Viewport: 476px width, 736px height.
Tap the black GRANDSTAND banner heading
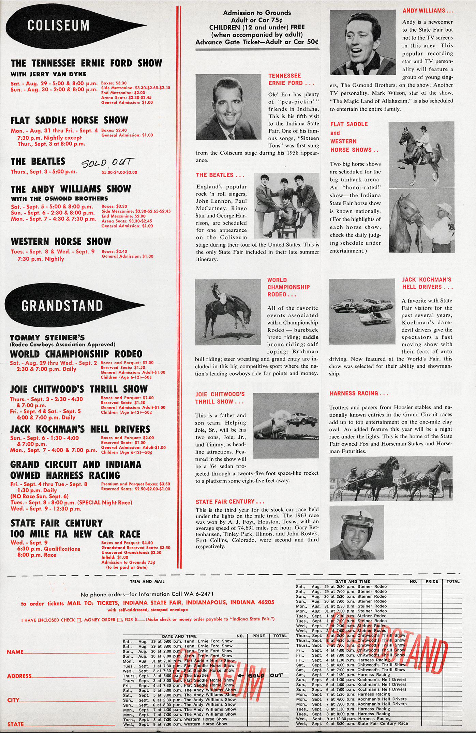(x=62, y=306)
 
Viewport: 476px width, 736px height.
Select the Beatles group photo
(x=287, y=205)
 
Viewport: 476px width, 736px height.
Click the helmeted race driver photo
(x=357, y=532)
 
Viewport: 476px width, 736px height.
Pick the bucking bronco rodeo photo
(x=228, y=311)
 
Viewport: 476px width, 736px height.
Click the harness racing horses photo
(x=391, y=478)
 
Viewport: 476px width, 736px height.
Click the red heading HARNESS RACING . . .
(x=359, y=393)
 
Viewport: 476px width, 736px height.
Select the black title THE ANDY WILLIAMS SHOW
(x=71, y=189)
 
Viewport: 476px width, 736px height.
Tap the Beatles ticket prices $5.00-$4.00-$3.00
(x=119, y=172)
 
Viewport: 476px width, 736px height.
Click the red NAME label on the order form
(x=15, y=652)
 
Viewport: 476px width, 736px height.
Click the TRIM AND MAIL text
(x=147, y=582)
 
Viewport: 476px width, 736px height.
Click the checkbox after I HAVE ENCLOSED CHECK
(x=79, y=620)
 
